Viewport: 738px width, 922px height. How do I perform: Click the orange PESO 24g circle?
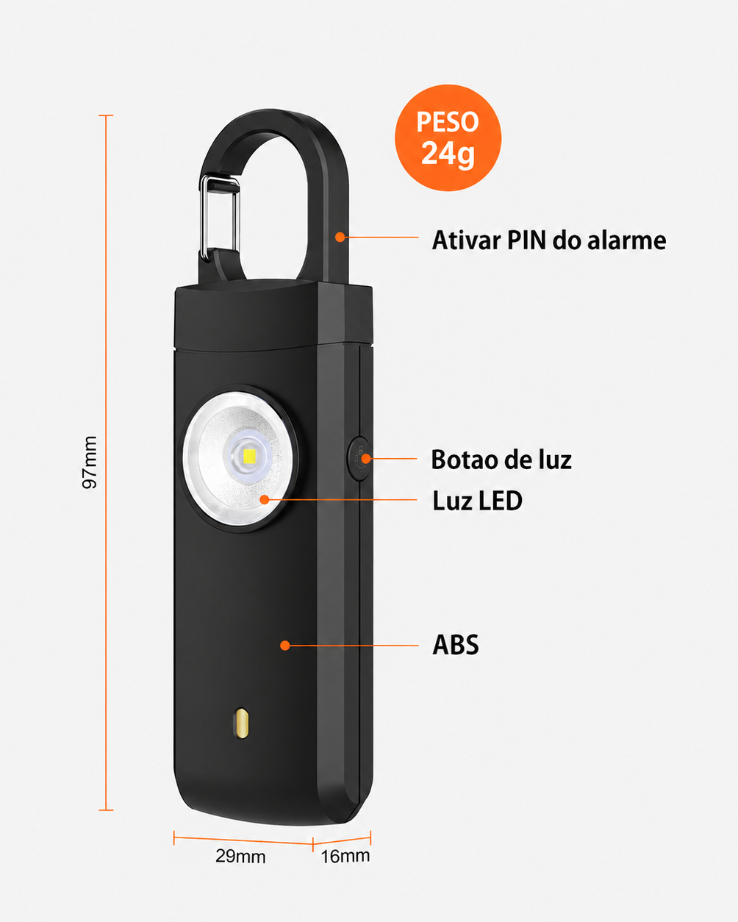coord(448,137)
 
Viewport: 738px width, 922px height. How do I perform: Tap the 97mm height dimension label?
coord(90,462)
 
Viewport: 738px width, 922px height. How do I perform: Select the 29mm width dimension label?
coord(240,857)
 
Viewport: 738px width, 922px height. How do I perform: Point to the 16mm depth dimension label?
coord(345,856)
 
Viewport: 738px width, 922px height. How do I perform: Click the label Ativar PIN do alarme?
coord(549,240)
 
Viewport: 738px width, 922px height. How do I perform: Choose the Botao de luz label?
coord(501,460)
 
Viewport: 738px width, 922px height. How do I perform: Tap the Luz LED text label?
coord(477,501)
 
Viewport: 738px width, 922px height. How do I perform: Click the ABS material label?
coord(455,644)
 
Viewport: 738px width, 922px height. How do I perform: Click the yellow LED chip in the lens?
coord(248,456)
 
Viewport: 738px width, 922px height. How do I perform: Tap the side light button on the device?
coord(358,459)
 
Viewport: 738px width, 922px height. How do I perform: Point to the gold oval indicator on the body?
coord(241,723)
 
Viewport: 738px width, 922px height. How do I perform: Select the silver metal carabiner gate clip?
coord(219,216)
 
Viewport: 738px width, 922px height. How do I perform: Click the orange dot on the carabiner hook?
coord(340,237)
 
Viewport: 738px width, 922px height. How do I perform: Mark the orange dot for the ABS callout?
coord(284,646)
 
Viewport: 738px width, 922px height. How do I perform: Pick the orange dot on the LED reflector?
coord(265,499)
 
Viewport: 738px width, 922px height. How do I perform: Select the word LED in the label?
coord(501,501)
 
